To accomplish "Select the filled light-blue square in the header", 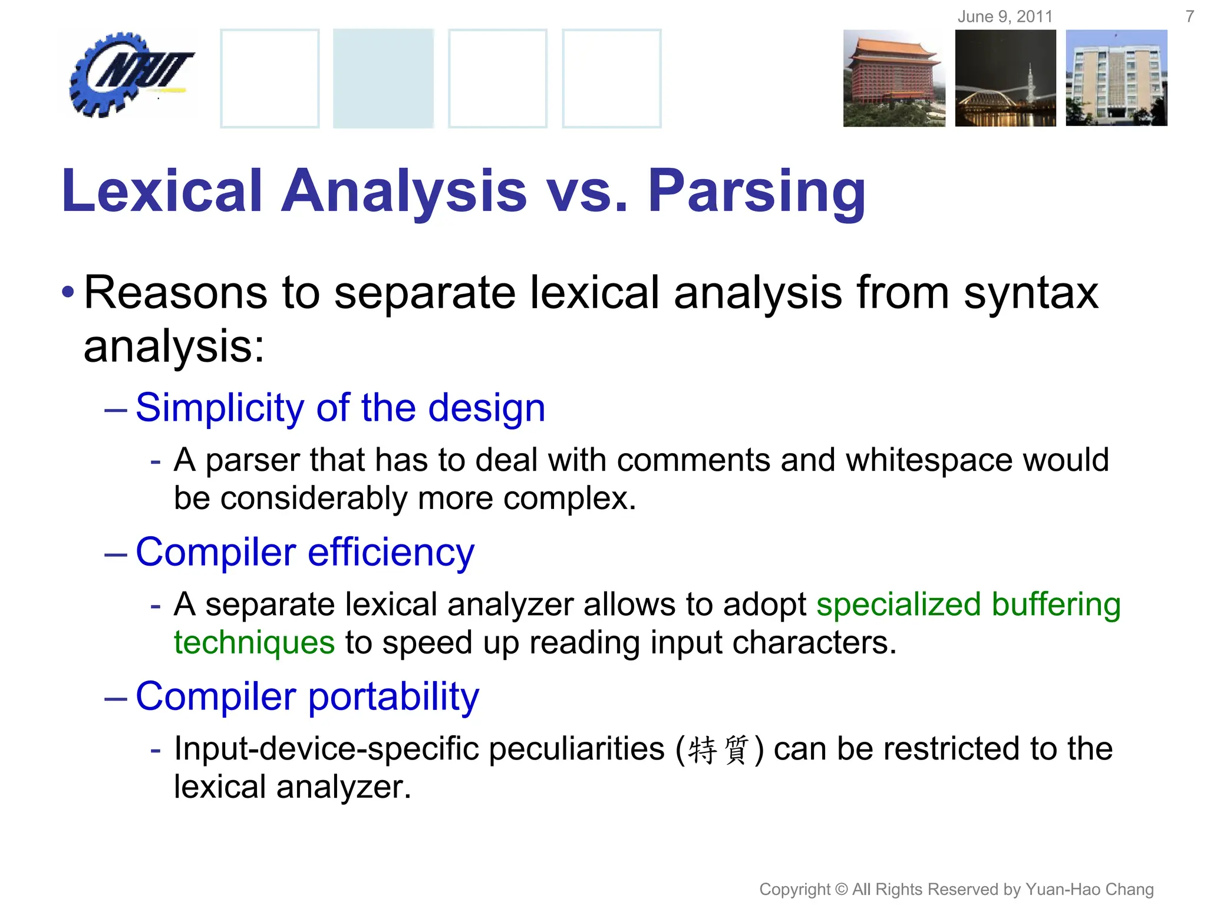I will (x=383, y=78).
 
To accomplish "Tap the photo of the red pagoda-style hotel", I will (x=893, y=78).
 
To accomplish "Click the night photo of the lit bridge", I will (x=1005, y=78).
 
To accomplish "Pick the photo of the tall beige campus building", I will (x=1116, y=78).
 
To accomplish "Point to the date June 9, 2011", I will (x=1005, y=16).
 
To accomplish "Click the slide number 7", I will (x=1189, y=16).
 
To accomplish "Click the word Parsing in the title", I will (x=757, y=191).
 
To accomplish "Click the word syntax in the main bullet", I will (x=1031, y=293).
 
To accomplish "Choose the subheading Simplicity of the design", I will (x=340, y=408).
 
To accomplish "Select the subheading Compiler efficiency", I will (x=305, y=552).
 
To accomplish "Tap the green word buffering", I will (x=1056, y=605).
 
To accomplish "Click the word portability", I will (x=393, y=696).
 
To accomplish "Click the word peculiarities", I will (x=576, y=749).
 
